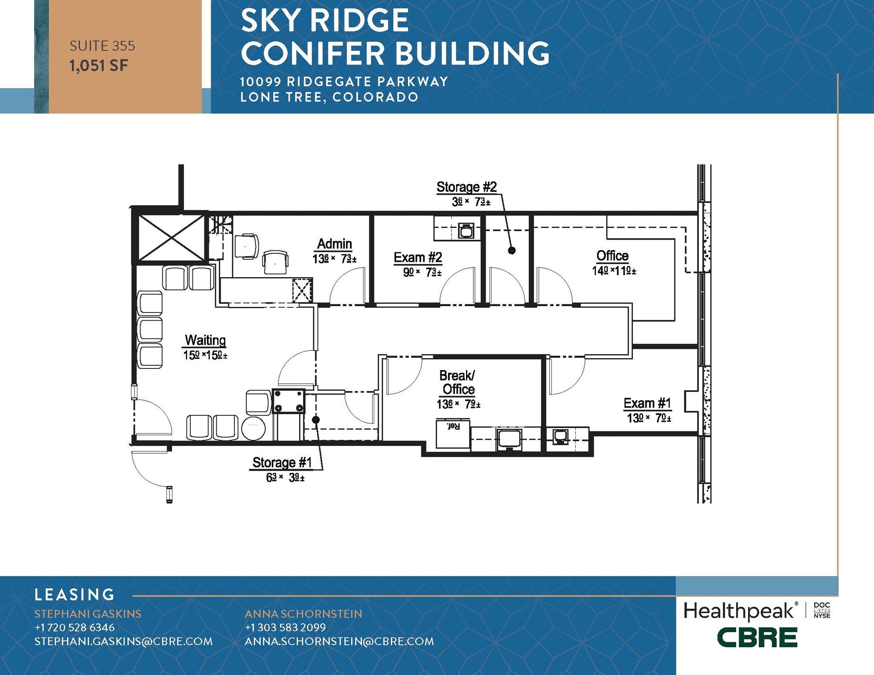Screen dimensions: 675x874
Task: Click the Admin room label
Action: [x=335, y=244]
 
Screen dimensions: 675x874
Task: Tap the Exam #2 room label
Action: [x=417, y=258]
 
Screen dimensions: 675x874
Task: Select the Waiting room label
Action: [x=205, y=340]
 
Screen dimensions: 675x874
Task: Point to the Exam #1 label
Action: [x=647, y=403]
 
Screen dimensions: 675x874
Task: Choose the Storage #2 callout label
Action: [x=466, y=187]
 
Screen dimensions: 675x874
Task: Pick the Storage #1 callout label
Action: [x=282, y=463]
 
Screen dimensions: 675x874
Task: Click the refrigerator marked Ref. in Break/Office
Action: [x=453, y=434]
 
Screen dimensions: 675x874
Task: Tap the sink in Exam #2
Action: [x=466, y=231]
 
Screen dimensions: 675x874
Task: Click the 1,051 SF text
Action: [x=99, y=66]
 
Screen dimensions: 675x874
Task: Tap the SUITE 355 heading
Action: [x=102, y=46]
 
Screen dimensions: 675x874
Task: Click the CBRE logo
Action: [x=757, y=638]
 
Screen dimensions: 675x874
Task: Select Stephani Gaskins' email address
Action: [x=123, y=641]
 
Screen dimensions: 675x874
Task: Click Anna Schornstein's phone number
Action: [x=285, y=627]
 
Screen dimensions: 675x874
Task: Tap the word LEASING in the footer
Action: [x=75, y=594]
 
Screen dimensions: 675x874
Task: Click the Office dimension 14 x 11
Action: [x=614, y=271]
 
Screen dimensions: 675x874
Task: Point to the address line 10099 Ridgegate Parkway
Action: [x=344, y=81]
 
